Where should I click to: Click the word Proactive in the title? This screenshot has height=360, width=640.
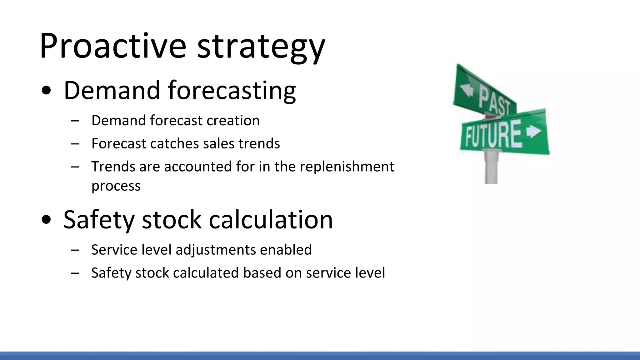(112, 46)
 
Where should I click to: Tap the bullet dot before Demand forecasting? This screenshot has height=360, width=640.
(46, 91)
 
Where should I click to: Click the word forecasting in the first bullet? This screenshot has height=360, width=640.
(232, 91)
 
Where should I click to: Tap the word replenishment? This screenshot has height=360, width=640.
(347, 167)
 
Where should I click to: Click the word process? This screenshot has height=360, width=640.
(116, 186)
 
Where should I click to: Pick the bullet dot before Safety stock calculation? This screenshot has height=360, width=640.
(46, 220)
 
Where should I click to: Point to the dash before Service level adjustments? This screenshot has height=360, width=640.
(75, 250)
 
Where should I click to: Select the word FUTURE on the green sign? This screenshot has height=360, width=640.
(493, 135)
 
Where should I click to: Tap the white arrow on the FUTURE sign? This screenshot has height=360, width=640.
(534, 131)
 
